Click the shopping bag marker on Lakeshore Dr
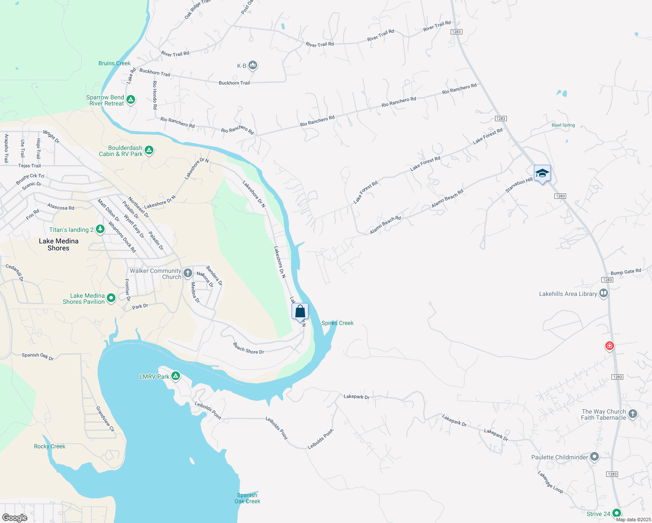300,312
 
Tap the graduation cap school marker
542,173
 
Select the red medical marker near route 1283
610,346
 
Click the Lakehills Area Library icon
604,294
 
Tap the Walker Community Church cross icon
188,273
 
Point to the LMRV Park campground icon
176,376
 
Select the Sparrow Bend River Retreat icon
130,100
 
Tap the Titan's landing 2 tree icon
100,229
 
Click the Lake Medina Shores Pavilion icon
111,298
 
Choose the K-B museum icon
253,66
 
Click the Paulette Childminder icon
594,457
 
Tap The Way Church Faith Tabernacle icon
633,414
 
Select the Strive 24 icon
616,513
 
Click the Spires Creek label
337,323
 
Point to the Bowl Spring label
563,125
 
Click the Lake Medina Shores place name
58,245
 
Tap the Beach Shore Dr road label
248,348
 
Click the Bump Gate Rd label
625,272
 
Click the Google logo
15,517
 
